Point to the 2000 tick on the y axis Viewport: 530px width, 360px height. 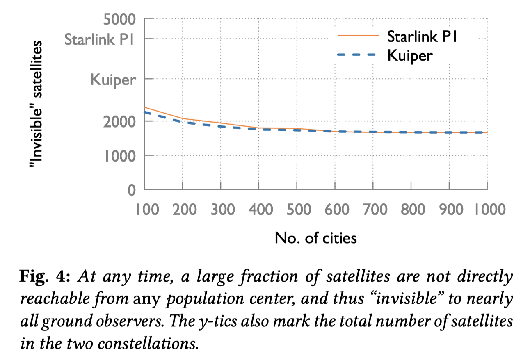pyautogui.click(x=119, y=121)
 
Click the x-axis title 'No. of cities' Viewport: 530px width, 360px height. pyautogui.click(x=315, y=238)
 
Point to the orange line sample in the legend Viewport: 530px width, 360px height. pyautogui.click(x=358, y=36)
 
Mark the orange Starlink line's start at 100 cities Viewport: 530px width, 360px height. pyautogui.click(x=145, y=107)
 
